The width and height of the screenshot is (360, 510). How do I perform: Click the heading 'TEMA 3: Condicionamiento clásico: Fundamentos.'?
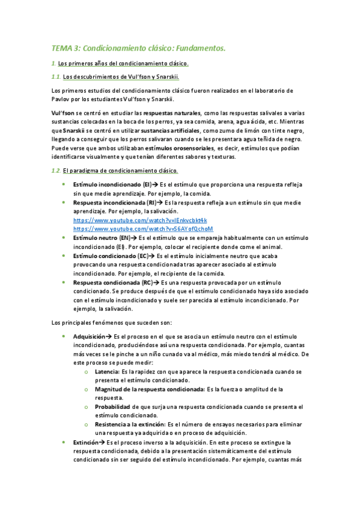click(138, 48)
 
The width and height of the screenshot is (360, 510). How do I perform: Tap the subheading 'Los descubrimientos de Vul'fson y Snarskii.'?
click(121, 76)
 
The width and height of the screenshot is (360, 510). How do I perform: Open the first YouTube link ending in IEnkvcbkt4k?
click(139, 221)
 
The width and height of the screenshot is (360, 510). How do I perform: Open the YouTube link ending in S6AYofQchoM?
click(143, 229)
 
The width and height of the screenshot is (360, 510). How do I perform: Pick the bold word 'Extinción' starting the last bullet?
click(85, 442)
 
